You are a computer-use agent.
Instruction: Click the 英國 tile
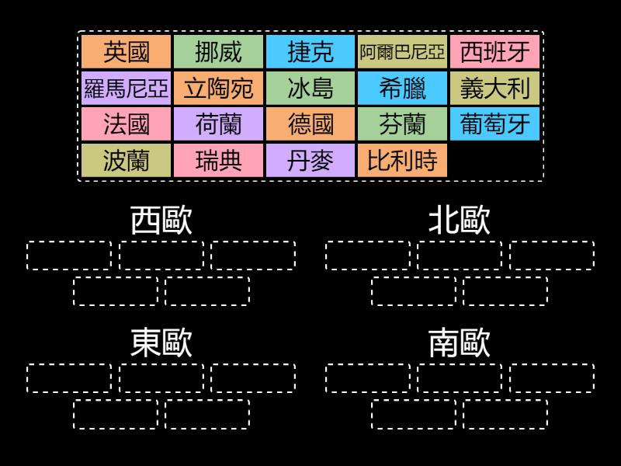pyautogui.click(x=126, y=52)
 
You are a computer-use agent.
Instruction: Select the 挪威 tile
pyautogui.click(x=218, y=52)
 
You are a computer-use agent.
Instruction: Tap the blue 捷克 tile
pyautogui.click(x=310, y=52)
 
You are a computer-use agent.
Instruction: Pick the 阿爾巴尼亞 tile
pyautogui.click(x=403, y=52)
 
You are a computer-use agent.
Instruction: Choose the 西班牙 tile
pyautogui.click(x=495, y=52)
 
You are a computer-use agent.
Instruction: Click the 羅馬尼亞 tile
pyautogui.click(x=126, y=89)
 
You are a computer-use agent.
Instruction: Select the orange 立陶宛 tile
pyautogui.click(x=218, y=89)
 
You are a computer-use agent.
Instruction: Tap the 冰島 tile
pyautogui.click(x=310, y=89)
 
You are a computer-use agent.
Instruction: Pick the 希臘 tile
pyautogui.click(x=403, y=89)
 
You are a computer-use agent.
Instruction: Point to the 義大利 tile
pyautogui.click(x=495, y=89)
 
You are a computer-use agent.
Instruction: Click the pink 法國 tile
pyautogui.click(x=126, y=124)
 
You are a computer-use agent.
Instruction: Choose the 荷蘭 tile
pyautogui.click(x=218, y=124)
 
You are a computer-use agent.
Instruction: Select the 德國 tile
pyautogui.click(x=310, y=124)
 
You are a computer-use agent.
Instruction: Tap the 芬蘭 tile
pyautogui.click(x=403, y=124)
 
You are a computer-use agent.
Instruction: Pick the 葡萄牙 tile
pyautogui.click(x=495, y=124)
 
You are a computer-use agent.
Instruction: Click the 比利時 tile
pyautogui.click(x=403, y=161)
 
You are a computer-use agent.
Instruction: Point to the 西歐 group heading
pyautogui.click(x=161, y=221)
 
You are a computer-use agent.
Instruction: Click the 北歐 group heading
pyautogui.click(x=460, y=221)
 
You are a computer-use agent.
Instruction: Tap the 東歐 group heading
pyautogui.click(x=161, y=343)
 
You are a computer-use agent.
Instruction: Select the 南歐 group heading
pyautogui.click(x=460, y=343)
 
